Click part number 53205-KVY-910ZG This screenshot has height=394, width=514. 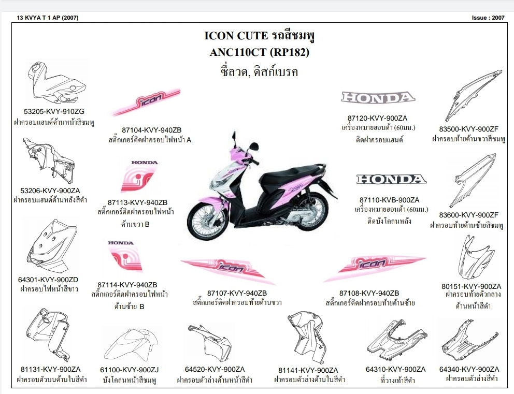tap(54, 111)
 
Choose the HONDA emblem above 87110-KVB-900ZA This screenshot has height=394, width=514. tap(391, 180)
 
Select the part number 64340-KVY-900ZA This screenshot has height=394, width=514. tap(469, 369)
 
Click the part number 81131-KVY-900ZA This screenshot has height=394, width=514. tap(51, 369)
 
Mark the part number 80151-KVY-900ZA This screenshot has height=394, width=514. tap(471, 286)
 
